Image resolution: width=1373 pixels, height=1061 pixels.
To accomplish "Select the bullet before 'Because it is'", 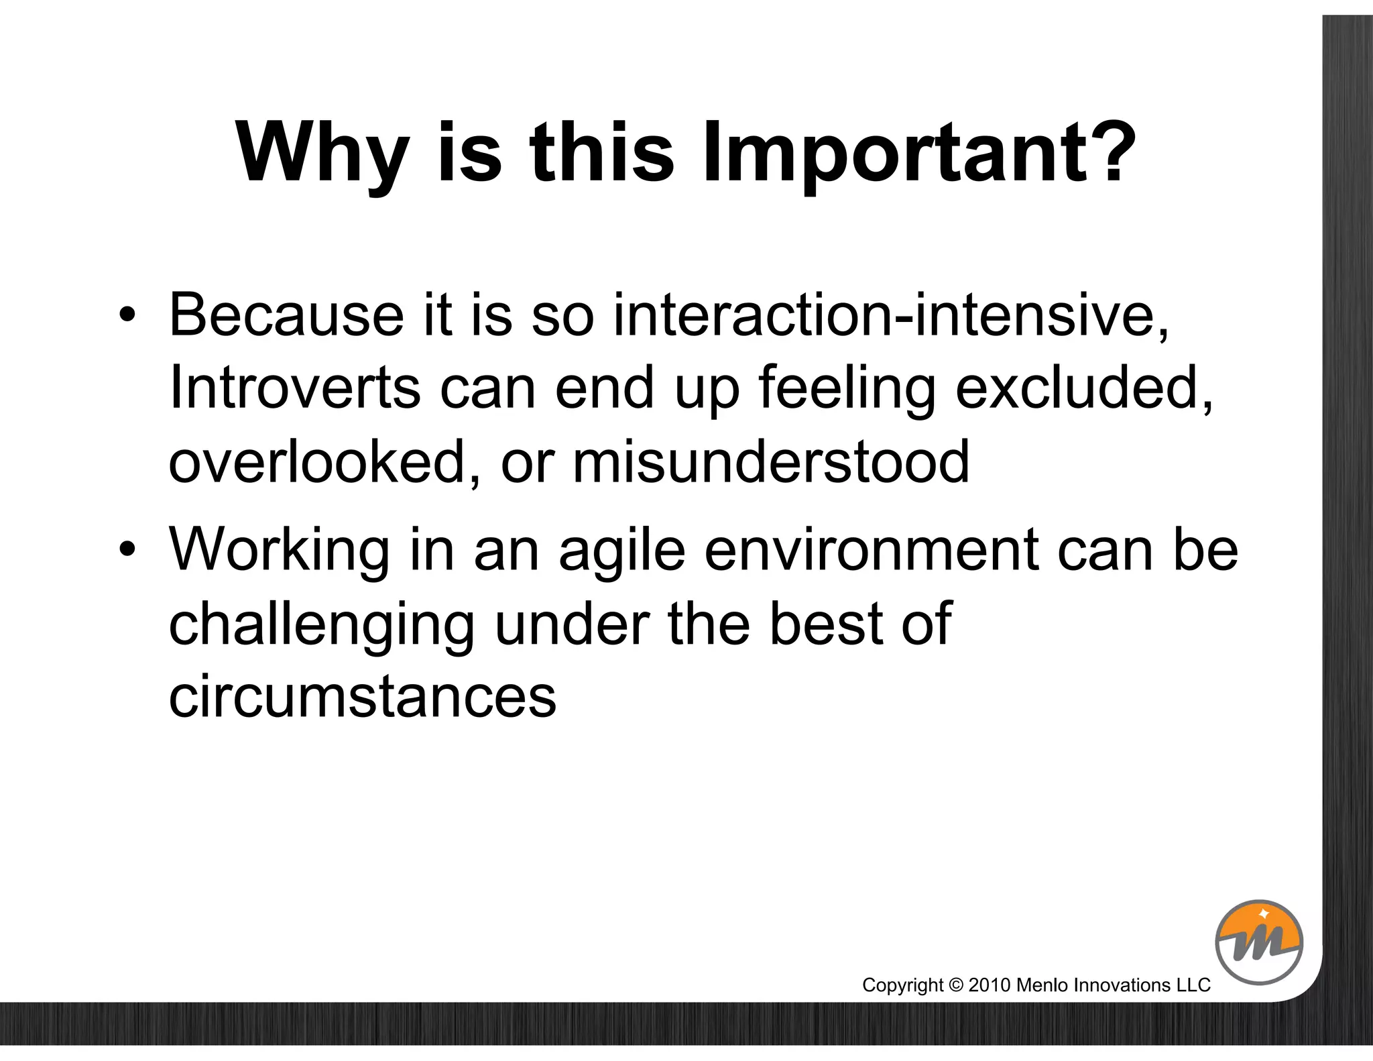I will pyautogui.click(x=127, y=315).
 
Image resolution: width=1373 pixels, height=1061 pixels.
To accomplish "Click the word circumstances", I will pyautogui.click(x=362, y=697).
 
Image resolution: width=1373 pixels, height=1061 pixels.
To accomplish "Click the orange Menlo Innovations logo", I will pyautogui.click(x=1258, y=942).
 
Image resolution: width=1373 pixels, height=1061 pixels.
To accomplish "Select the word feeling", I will pyautogui.click(x=847, y=389).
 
